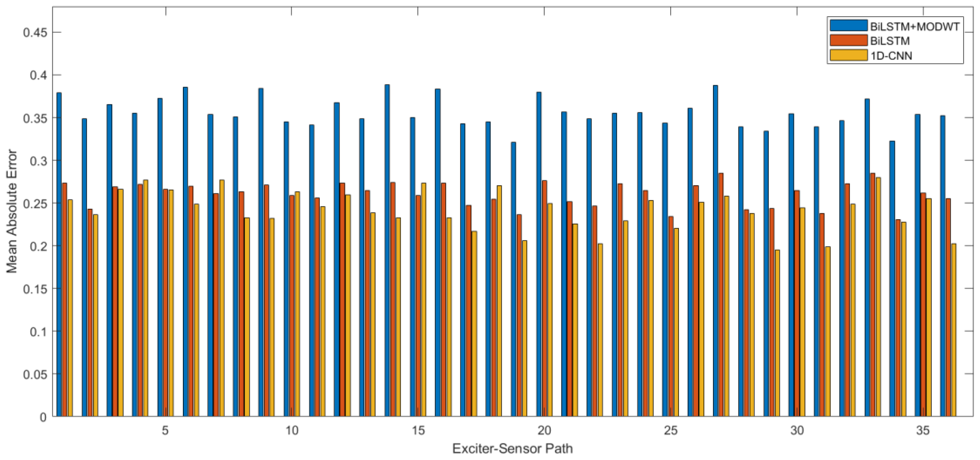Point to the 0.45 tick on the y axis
coord(35,33)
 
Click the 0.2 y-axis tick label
coord(38,246)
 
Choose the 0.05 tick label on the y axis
coord(35,374)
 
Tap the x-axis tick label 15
coord(418,430)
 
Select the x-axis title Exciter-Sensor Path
coord(512,449)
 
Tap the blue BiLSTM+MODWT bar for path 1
coord(59,255)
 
